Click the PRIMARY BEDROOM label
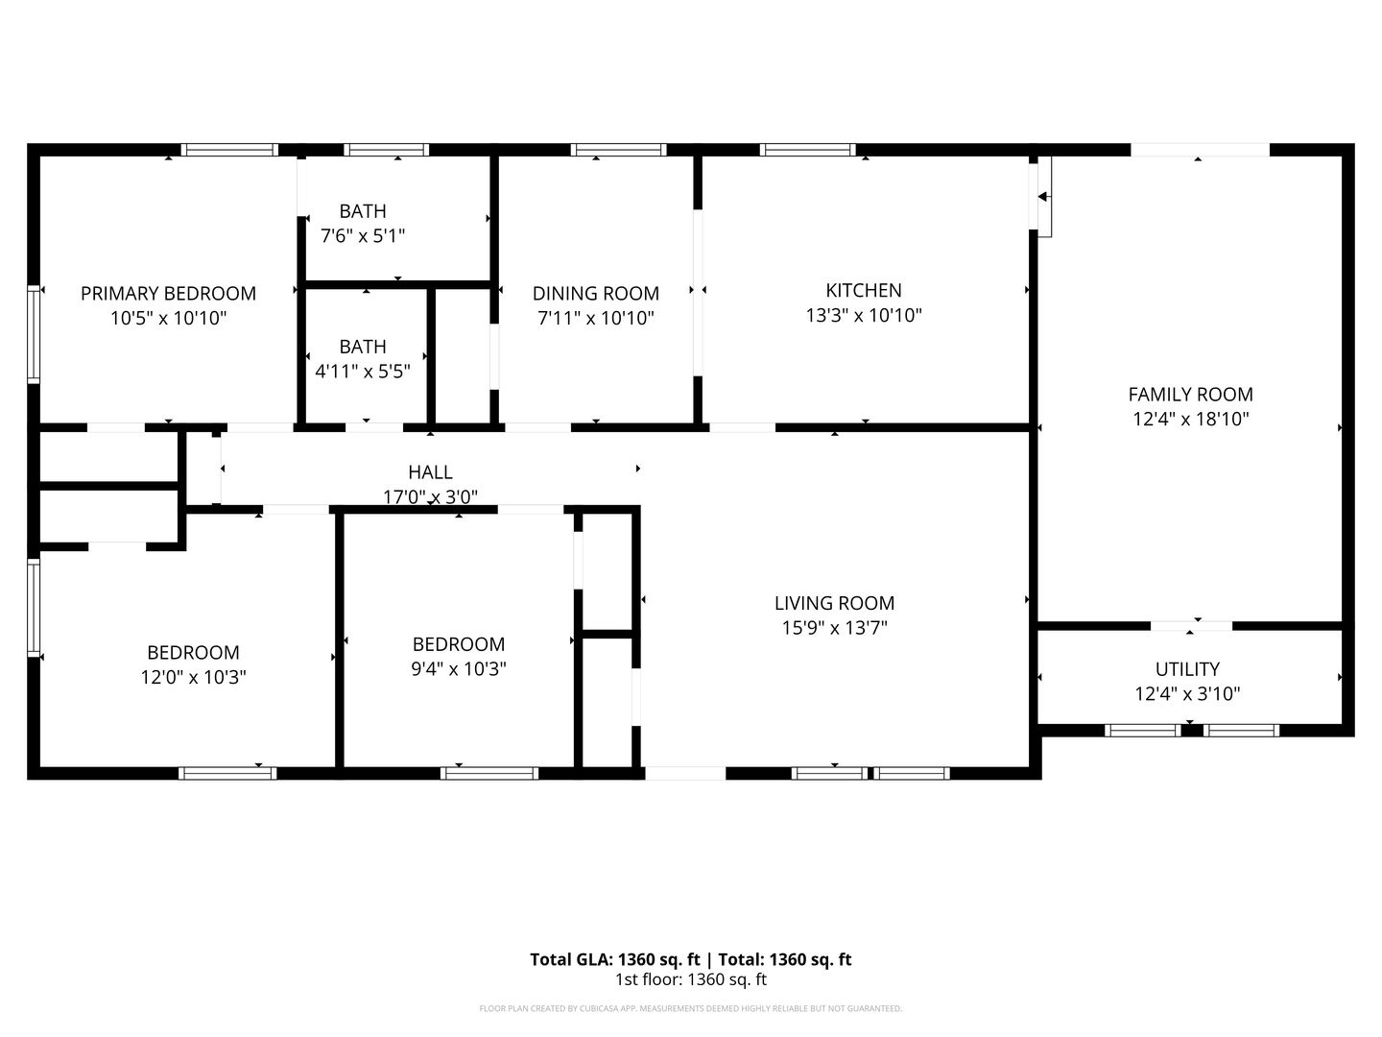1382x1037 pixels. point(168,294)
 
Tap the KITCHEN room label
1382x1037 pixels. point(864,290)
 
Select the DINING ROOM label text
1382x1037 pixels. point(596,294)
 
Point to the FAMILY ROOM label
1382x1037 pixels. point(1191,394)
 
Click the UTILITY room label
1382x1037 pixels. point(1187,668)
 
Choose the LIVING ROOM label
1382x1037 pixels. point(834,603)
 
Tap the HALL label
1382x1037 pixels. point(430,472)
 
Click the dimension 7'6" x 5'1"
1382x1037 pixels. point(363,236)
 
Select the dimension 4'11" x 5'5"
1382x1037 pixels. point(363,372)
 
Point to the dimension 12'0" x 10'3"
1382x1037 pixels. point(193,677)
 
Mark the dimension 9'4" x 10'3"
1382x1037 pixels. point(459,668)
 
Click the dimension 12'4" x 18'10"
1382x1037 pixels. point(1191,419)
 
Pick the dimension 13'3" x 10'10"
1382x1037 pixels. point(864,315)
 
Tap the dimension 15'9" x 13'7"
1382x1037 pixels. point(834,628)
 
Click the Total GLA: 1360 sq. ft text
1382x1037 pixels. point(614,959)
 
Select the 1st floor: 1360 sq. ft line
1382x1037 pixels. point(691,979)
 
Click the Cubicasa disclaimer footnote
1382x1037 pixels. point(691,1008)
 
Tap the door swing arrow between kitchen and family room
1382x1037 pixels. point(1043,197)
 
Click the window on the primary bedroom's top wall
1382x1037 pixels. point(229,150)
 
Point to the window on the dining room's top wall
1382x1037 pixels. point(618,150)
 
